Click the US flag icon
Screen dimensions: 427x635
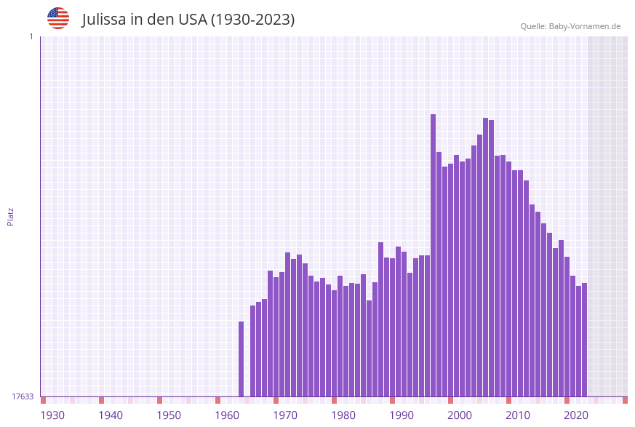coord(58,18)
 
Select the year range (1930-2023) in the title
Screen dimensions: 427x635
coord(252,20)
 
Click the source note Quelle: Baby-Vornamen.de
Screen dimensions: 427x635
coord(570,26)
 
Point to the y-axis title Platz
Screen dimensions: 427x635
coord(11,216)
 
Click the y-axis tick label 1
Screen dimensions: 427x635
coord(31,36)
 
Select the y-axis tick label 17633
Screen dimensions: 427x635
coord(23,396)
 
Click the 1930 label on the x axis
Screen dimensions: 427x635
coord(52,415)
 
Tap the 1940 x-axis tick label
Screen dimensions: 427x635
coord(111,415)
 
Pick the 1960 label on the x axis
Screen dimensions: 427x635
coord(227,415)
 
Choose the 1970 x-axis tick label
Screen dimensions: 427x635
coord(285,415)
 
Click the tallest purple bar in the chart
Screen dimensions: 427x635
coord(433,255)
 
